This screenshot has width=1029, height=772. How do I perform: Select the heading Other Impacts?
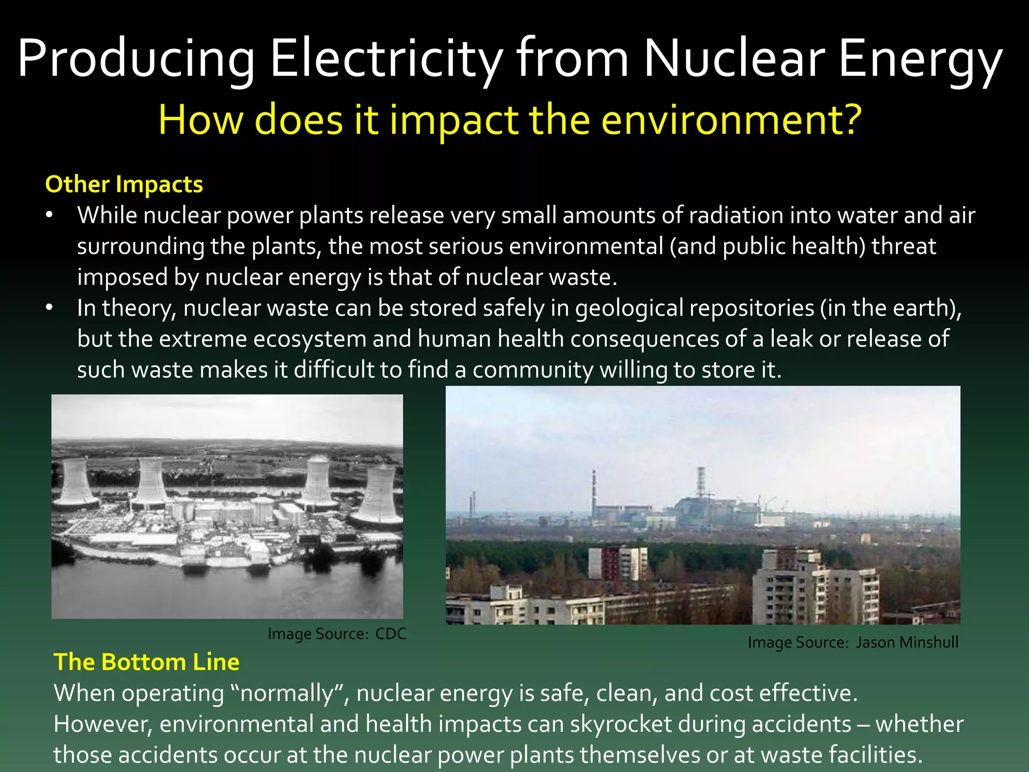[x=124, y=184]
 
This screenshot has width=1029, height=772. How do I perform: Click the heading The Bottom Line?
[x=146, y=662]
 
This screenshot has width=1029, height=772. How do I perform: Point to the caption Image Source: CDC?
[x=337, y=634]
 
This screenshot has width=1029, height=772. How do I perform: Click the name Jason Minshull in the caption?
[x=907, y=642]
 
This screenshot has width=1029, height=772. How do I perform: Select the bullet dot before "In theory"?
[x=49, y=308]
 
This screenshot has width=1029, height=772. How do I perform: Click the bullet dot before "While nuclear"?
[x=49, y=215]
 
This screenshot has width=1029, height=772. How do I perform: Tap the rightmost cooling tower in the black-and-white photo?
[x=380, y=498]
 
